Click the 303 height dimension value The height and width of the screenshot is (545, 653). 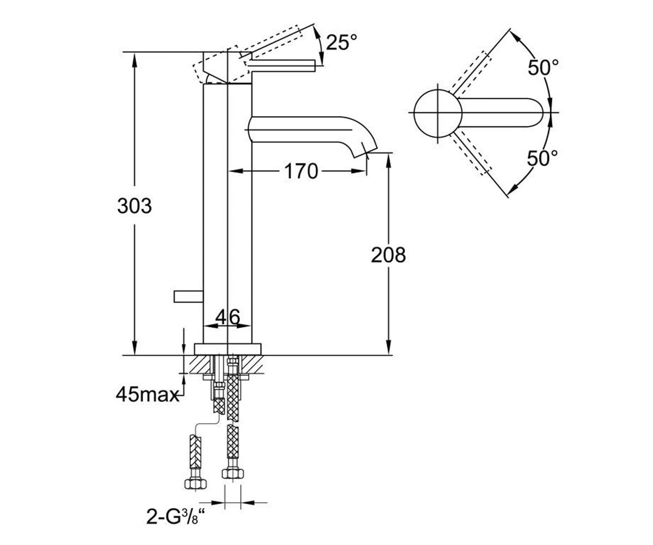(134, 206)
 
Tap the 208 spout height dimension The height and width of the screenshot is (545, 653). (389, 255)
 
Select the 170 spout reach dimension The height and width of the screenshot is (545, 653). (301, 171)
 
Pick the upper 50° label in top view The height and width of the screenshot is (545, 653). (543, 67)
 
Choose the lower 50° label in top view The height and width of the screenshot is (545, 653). (543, 158)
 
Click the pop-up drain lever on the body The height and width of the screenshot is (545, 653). (189, 296)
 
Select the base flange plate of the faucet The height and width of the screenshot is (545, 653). (227, 349)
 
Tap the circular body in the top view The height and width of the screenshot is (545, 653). (438, 113)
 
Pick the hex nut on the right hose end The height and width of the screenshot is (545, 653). (233, 474)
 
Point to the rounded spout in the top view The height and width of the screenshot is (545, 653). (501, 113)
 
